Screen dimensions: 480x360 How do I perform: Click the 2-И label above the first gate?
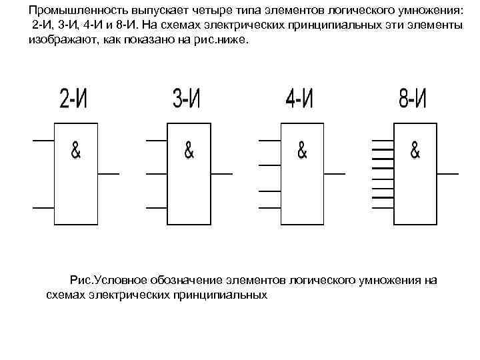[x=73, y=100]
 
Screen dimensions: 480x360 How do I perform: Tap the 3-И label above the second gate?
[x=186, y=100]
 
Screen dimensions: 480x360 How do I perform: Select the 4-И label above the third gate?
[x=299, y=100]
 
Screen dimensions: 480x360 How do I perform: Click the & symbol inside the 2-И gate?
[x=76, y=152]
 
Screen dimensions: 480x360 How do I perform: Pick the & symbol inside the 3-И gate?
[x=189, y=152]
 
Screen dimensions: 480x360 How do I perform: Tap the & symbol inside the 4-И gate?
[x=302, y=152]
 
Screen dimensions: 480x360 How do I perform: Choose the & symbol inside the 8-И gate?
[x=415, y=152]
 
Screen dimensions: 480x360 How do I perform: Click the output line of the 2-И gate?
[x=109, y=174]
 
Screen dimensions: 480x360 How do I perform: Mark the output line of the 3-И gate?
[x=222, y=174]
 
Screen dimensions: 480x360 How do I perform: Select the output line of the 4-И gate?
[x=335, y=174]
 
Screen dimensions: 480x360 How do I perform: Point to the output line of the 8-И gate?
[x=448, y=174]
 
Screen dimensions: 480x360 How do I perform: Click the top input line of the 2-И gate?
[x=43, y=141]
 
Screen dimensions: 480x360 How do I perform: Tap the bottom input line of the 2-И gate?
[x=43, y=207]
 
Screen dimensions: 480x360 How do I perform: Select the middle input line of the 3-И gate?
[x=156, y=174]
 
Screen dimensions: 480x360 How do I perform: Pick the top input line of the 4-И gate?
[x=269, y=141]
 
